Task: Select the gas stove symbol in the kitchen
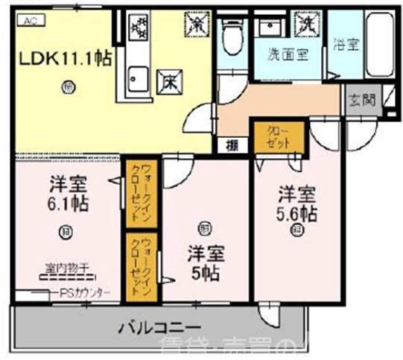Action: [x=139, y=28]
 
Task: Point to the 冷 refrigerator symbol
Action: [x=197, y=24]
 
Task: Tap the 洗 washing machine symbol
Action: [x=307, y=23]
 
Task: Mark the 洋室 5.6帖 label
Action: [x=296, y=204]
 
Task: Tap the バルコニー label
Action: [x=158, y=328]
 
